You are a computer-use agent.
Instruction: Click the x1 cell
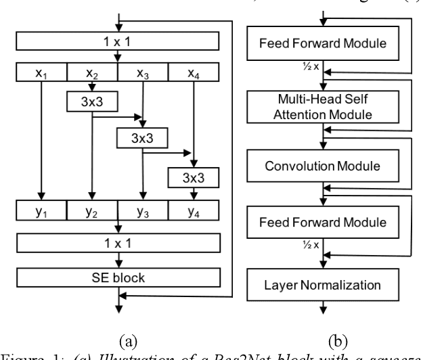point(43,71)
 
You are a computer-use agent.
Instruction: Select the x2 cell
point(93,71)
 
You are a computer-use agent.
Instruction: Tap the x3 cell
point(143,71)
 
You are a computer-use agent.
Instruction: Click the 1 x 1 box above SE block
point(118,242)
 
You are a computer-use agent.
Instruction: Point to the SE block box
point(118,277)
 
